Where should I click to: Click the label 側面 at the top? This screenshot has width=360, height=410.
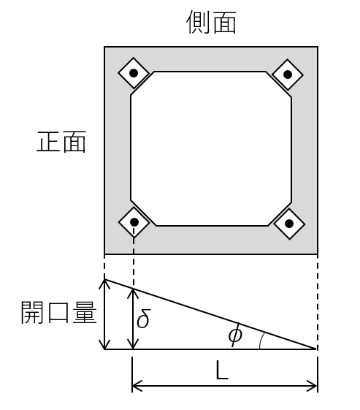211,22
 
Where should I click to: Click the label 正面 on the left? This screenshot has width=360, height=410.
61,142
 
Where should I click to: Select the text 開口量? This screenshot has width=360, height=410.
58,312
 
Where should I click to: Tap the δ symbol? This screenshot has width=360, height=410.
143,318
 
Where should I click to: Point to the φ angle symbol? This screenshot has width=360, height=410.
235,335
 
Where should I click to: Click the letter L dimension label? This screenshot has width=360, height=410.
222,371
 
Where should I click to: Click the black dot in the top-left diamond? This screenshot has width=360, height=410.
134,73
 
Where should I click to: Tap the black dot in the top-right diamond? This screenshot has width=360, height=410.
288,75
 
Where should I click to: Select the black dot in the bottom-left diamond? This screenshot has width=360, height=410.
134,222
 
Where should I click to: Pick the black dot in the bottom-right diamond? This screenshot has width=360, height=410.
289,224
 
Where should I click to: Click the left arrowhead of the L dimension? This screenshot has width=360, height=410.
136,386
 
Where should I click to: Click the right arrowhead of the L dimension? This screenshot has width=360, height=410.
313,386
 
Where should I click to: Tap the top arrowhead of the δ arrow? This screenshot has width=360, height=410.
133,292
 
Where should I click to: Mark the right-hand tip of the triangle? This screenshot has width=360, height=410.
316,349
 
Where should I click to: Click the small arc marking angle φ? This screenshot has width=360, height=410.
261,341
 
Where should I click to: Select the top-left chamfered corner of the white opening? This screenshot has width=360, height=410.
142,83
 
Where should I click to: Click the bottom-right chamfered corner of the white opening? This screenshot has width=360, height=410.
280,214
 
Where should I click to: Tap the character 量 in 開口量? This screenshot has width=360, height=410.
85,312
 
